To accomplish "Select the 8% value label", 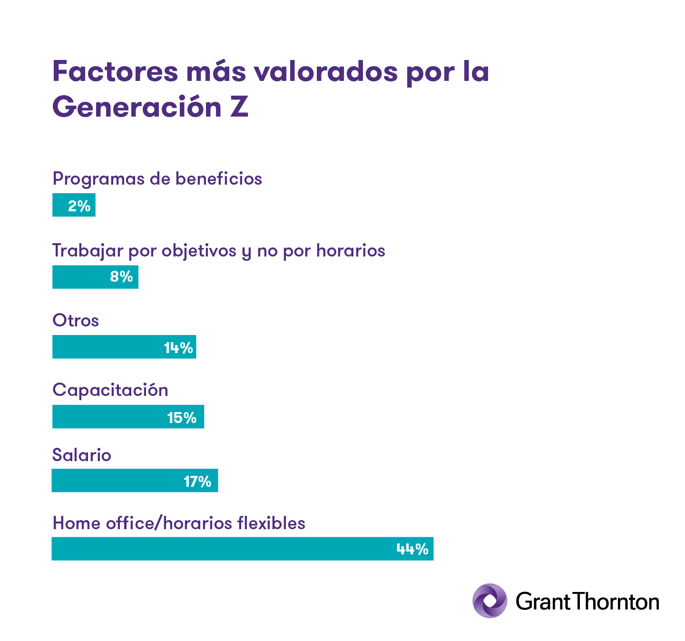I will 121,276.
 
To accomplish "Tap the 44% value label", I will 412,549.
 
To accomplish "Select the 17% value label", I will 197,482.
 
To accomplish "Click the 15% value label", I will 182,418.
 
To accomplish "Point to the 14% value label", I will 178,348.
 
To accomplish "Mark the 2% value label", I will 79,206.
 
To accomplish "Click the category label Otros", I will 76,320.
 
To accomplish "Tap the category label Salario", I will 81,455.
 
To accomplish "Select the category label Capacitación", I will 110,390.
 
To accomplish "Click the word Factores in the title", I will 115,71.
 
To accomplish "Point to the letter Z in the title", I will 239,107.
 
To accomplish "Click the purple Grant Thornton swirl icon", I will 489,601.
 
